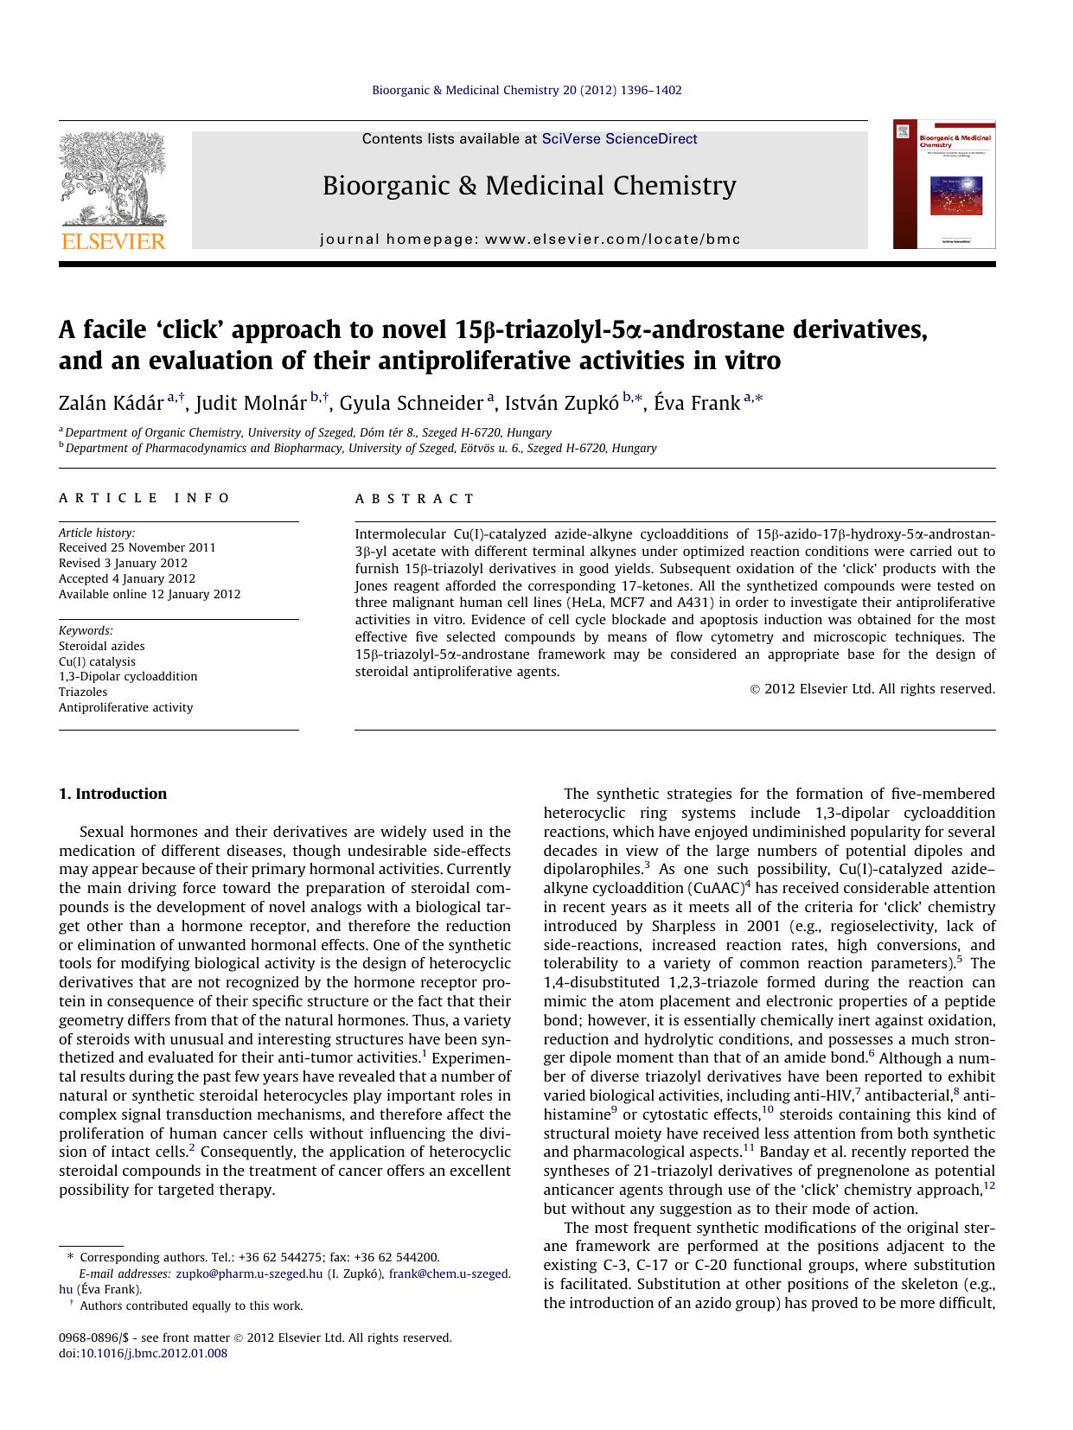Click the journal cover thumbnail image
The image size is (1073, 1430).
pos(944,184)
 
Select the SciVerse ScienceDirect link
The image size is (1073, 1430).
pos(619,139)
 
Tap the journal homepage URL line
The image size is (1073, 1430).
pos(530,239)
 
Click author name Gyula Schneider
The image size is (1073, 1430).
pos(411,404)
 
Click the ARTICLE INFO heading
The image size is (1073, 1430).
pos(145,498)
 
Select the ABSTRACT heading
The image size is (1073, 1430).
pos(416,499)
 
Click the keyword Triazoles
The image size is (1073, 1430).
pos(83,692)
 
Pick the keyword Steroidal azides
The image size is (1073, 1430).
pos(102,646)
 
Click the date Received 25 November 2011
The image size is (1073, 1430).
pos(137,547)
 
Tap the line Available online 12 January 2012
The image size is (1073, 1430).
pos(150,594)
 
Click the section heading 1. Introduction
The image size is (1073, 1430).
pos(112,794)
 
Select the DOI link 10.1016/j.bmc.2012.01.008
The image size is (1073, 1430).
pos(154,1354)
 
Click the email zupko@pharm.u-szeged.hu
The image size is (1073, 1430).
pos(249,1274)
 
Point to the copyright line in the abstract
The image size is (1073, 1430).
pos(872,689)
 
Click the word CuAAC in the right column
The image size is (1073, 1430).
pos(716,889)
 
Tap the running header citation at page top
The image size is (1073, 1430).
pos(527,90)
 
